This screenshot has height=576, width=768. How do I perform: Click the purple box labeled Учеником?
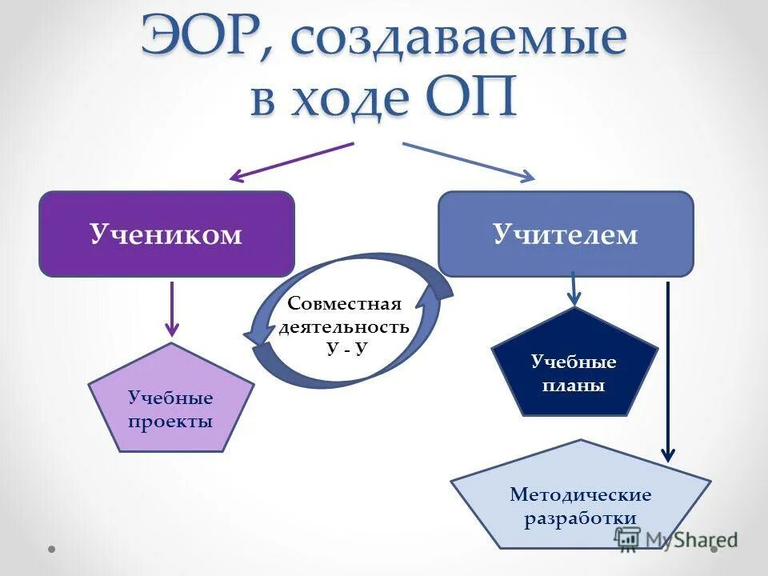[x=166, y=234]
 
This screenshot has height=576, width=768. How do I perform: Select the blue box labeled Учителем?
[x=566, y=234]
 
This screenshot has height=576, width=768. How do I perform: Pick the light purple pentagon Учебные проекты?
[x=170, y=404]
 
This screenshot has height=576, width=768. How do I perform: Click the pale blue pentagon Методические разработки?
[x=580, y=500]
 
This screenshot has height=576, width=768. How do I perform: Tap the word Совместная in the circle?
[x=343, y=304]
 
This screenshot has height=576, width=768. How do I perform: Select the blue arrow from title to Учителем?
[x=468, y=161]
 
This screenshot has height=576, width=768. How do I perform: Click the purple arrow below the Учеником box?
[x=171, y=307]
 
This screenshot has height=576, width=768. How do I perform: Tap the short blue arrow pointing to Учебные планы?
[x=574, y=289]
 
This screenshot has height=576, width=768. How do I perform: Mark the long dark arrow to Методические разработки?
[x=668, y=372]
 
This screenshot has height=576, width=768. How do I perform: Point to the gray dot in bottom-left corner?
[x=51, y=550]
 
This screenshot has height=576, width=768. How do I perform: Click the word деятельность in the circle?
[x=344, y=327]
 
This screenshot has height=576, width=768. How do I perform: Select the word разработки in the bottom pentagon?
[x=580, y=518]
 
